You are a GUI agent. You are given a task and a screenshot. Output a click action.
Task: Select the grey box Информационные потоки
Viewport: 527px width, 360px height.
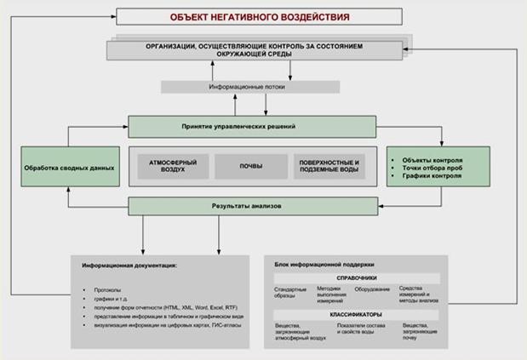tap(250, 87)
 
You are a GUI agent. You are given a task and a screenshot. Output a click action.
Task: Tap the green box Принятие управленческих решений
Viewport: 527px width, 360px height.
tap(251, 126)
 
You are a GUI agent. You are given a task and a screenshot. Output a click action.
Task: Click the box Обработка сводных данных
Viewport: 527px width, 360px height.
tap(69, 168)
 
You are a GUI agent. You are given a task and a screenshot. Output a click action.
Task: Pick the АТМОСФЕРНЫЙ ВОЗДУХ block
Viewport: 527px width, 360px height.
tap(166, 166)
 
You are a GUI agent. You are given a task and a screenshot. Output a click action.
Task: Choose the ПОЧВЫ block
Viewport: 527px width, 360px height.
tap(251, 166)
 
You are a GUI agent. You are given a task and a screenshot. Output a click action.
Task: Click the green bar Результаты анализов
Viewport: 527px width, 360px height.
tap(251, 206)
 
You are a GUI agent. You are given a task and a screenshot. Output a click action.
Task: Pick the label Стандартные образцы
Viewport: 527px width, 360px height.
tap(290, 292)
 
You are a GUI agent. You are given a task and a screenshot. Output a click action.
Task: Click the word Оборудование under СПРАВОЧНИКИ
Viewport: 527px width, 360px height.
tap(372, 289)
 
